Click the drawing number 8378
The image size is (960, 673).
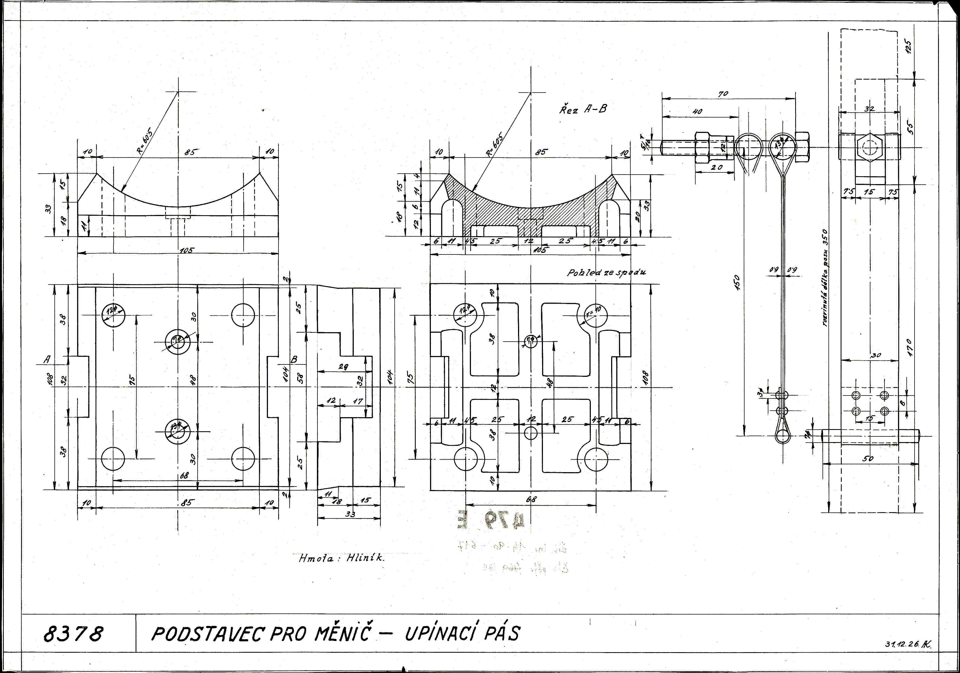pos(73,634)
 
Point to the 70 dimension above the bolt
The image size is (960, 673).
pos(723,94)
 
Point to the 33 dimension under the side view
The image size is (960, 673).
pos(350,514)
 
